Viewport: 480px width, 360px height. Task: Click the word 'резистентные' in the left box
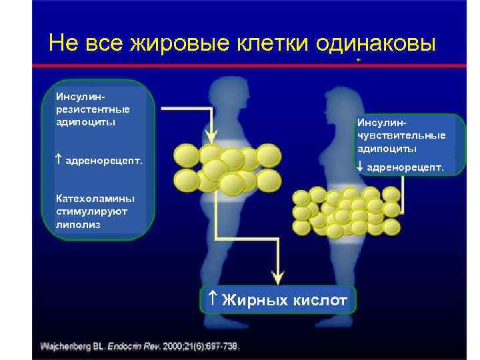point(93,109)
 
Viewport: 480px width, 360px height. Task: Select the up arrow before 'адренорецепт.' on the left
point(59,161)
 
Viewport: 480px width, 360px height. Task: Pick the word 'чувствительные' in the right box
point(401,135)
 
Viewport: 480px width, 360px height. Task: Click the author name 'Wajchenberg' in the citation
point(67,347)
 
